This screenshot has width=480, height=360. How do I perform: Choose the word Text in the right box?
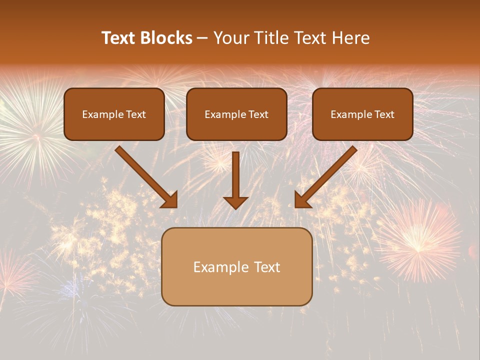(384, 114)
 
